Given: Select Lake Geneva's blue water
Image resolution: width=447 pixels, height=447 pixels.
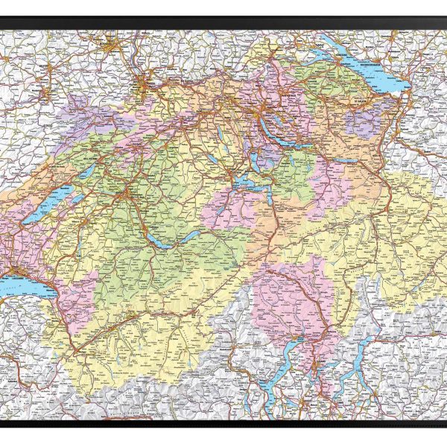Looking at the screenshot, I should coord(22,283).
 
